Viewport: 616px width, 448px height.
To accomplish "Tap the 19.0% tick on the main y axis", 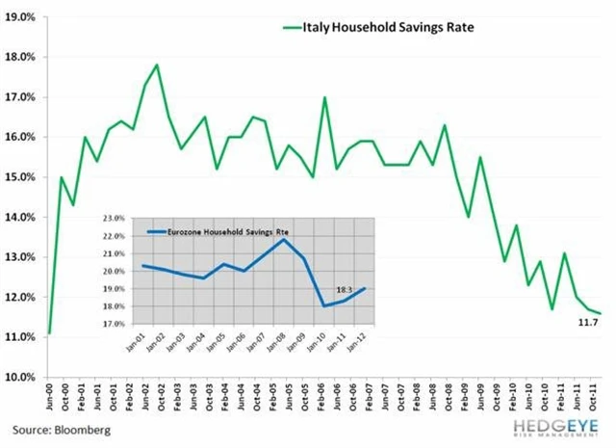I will (x=22, y=17).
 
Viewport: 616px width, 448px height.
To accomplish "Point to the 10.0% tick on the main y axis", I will (x=22, y=377).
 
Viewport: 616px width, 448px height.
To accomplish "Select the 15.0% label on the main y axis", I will (x=22, y=177).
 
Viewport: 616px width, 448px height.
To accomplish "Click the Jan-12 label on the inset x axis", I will (x=364, y=342).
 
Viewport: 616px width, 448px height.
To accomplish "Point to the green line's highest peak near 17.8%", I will (x=156, y=65).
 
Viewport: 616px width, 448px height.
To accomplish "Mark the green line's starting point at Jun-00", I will (x=49, y=333).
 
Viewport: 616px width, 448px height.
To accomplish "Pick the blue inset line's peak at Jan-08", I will (x=284, y=239).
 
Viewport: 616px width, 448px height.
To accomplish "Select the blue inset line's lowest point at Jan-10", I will (x=323, y=305).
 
